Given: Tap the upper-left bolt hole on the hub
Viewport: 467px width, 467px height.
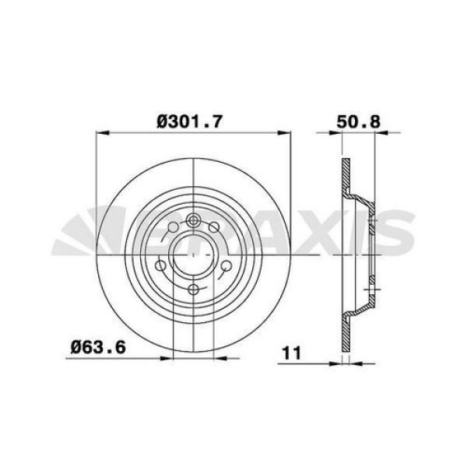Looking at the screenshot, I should (x=172, y=226).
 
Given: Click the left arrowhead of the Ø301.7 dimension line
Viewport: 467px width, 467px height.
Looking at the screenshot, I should (x=99, y=133).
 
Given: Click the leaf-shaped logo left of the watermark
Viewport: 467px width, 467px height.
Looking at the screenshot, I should (x=78, y=233).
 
